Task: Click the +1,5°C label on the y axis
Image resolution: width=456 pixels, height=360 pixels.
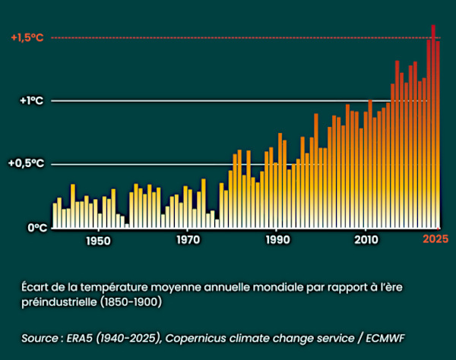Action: click(27, 38)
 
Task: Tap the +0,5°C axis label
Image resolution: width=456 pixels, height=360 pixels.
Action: click(27, 163)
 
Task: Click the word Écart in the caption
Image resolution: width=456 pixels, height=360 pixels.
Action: click(36, 286)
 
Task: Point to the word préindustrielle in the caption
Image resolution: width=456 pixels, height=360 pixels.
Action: click(57, 301)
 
